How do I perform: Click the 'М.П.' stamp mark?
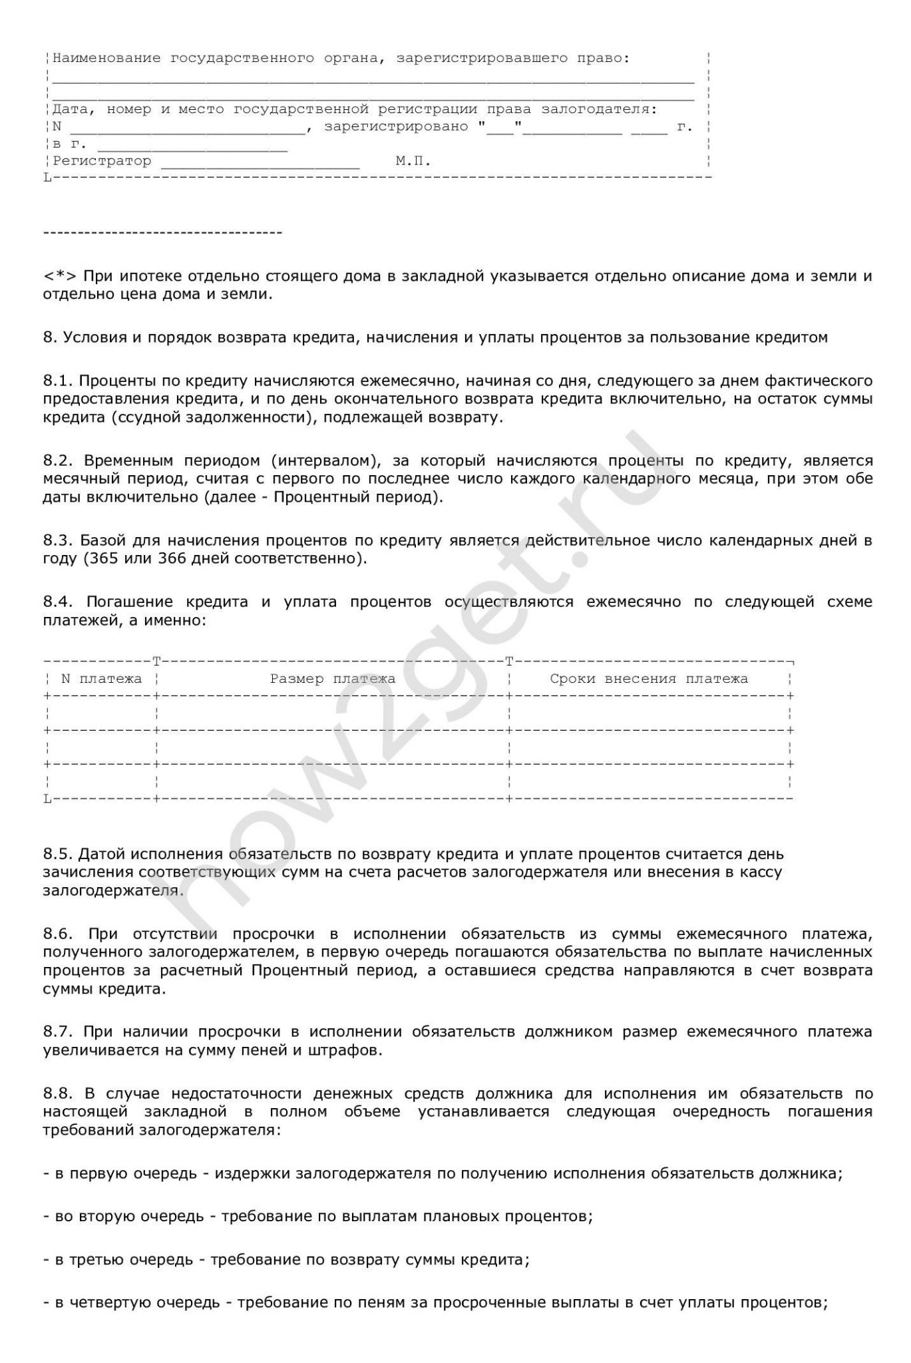pyautogui.click(x=413, y=161)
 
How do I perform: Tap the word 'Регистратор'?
pyautogui.click(x=102, y=161)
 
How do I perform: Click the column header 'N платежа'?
pyautogui.click(x=101, y=679)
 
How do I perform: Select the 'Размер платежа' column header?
pyautogui.click(x=332, y=679)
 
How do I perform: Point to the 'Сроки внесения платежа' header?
pyautogui.click(x=649, y=679)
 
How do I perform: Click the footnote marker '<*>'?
pyautogui.click(x=60, y=276)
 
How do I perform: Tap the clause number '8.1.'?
pyautogui.click(x=58, y=381)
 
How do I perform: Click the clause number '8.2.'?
pyautogui.click(x=59, y=461)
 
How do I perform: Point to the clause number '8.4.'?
pyautogui.click(x=59, y=602)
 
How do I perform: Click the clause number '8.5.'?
pyautogui.click(x=58, y=853)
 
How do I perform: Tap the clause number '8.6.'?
pyautogui.click(x=59, y=934)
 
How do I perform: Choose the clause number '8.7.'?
pyautogui.click(x=58, y=1032)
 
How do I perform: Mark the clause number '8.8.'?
pyautogui.click(x=59, y=1093)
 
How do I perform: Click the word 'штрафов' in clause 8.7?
pyautogui.click(x=350, y=1051)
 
